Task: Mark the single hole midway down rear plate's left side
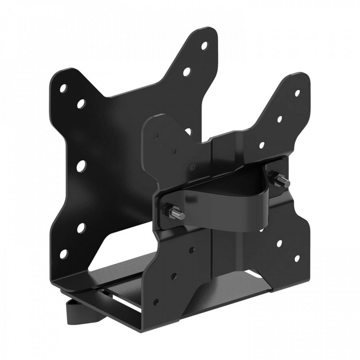tap(81, 166)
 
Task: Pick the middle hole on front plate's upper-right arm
tap(279, 119)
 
